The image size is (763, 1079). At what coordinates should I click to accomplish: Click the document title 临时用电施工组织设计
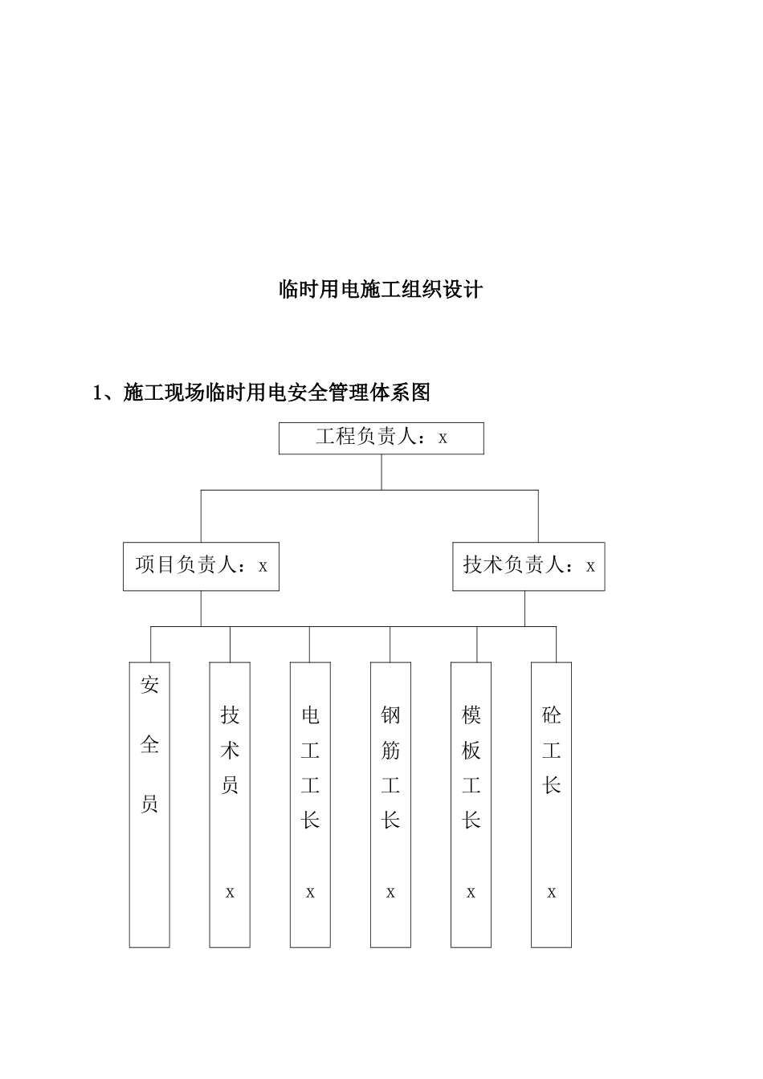(380, 289)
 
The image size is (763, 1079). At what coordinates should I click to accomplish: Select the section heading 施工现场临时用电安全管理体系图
(277, 393)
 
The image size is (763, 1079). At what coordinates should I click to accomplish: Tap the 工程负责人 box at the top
(381, 438)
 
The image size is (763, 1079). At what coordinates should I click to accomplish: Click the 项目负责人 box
(201, 566)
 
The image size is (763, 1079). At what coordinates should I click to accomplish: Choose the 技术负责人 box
(528, 566)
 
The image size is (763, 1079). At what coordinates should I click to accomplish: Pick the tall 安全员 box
(149, 804)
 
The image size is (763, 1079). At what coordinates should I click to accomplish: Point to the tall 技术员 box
(230, 804)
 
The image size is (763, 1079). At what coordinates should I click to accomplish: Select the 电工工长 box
(310, 804)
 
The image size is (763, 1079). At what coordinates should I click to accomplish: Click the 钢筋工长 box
(390, 804)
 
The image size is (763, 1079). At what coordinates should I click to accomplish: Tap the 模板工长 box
(471, 804)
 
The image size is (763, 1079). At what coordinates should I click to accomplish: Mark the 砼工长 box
(551, 804)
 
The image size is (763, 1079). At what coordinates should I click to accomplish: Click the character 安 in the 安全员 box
(149, 685)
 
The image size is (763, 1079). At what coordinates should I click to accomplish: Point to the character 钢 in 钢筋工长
(390, 714)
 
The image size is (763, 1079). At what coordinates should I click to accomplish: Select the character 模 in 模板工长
(471, 714)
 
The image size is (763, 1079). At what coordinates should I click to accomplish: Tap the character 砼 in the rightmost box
(551, 714)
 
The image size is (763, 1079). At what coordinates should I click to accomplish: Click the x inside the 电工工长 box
(310, 893)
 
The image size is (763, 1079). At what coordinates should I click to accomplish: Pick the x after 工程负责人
(443, 439)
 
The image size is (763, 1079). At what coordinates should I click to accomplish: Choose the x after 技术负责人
(590, 567)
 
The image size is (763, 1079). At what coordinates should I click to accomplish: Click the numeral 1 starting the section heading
(98, 393)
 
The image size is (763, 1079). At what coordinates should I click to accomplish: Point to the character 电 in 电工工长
(310, 714)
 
